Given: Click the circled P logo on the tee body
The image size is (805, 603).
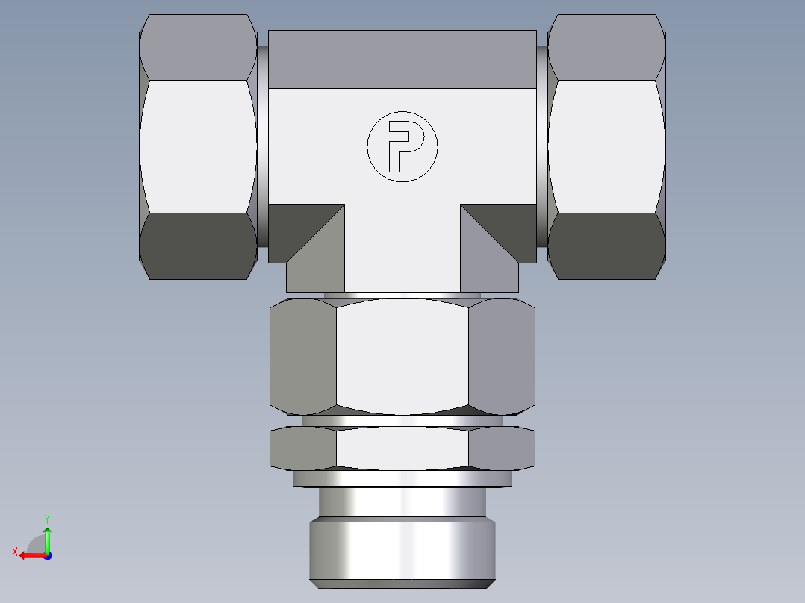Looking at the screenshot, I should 402,147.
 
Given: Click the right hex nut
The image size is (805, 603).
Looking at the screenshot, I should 606,147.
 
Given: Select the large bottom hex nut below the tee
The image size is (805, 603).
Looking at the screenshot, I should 402,356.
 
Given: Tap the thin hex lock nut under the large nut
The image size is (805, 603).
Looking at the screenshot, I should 402,449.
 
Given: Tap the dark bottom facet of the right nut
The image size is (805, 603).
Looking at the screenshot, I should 606,246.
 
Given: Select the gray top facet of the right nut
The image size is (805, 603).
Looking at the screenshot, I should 606,47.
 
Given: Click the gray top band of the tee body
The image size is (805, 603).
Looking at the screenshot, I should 402,60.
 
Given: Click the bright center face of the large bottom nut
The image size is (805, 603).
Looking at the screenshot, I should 402,356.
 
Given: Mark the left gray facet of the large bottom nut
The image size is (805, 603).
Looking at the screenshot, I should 302,356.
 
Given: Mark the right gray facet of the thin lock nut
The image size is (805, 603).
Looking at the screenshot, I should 501,449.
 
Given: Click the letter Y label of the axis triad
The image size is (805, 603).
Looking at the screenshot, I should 46,518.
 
